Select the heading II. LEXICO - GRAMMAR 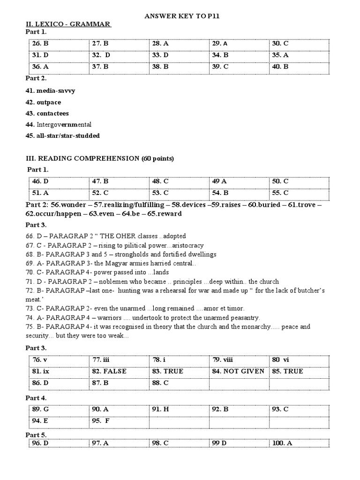pyautogui.click(x=68, y=24)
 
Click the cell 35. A pyautogui.click(x=280, y=55)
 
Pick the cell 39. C pyautogui.click(x=220, y=67)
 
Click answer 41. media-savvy pyautogui.click(x=50, y=90)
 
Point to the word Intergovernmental pyautogui.click(x=63, y=125)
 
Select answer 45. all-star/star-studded pyautogui.click(x=62, y=136)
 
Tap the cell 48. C pyautogui.click(x=160, y=181)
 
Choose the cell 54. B pyautogui.click(x=220, y=193)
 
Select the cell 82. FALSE pyautogui.click(x=109, y=371)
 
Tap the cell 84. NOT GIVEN pyautogui.click(x=238, y=371)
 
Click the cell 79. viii pyautogui.click(x=223, y=360)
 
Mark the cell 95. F pyautogui.click(x=100, y=420)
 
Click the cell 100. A pyautogui.click(x=282, y=443)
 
